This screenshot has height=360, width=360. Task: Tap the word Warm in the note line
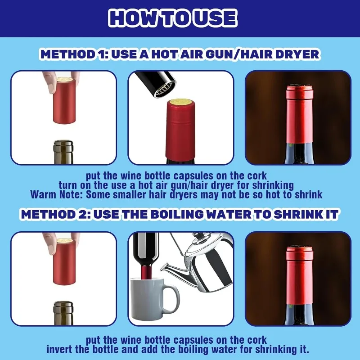(43, 194)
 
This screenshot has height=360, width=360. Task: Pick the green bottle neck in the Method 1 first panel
(63, 153)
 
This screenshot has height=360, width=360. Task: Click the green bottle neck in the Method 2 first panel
(63, 313)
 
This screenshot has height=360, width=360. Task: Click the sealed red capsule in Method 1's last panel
(299, 114)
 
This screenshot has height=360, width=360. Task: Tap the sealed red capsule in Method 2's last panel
(299, 275)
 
